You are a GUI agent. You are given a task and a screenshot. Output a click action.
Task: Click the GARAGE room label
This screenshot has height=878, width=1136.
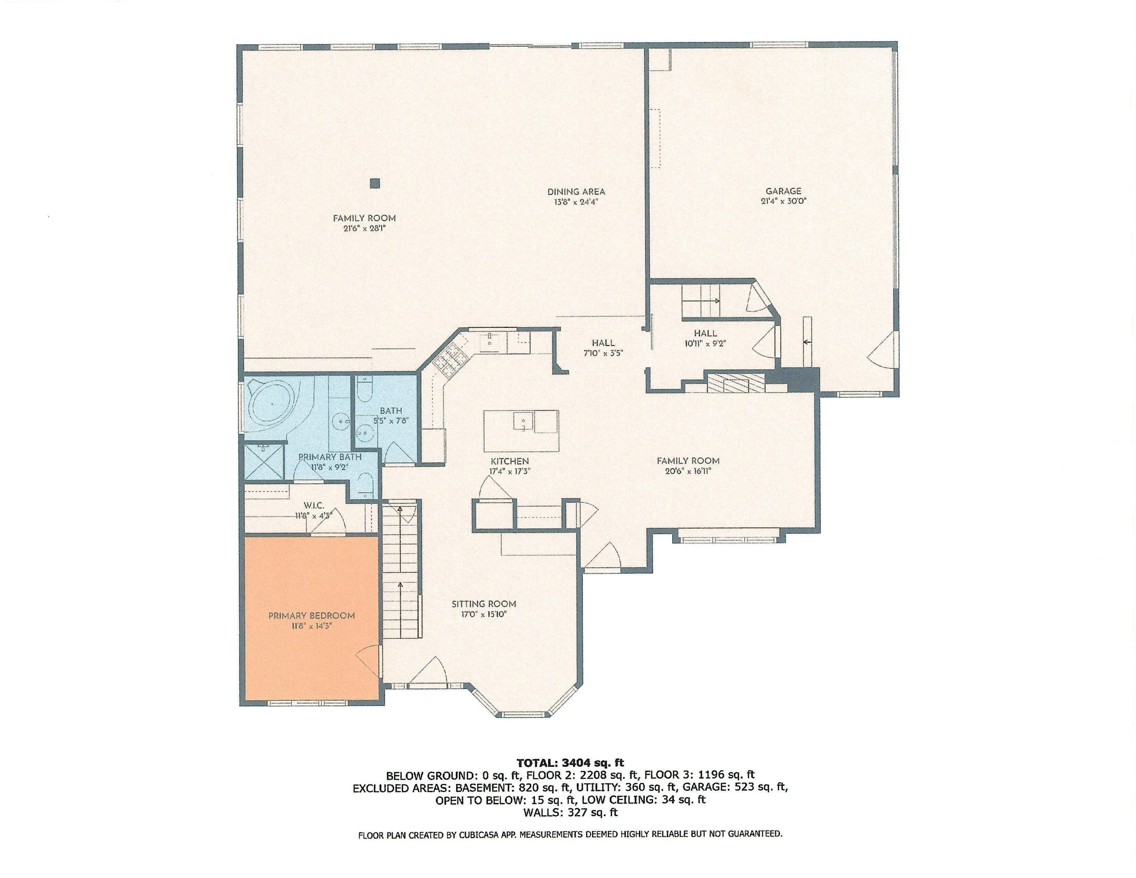pyautogui.click(x=784, y=191)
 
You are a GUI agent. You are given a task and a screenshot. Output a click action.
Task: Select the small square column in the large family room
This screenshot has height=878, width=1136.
pyautogui.click(x=375, y=183)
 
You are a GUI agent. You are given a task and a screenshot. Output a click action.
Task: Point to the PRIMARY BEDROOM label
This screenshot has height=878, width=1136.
pyautogui.click(x=311, y=616)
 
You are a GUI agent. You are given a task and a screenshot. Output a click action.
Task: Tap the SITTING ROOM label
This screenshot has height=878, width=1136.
pyautogui.click(x=483, y=604)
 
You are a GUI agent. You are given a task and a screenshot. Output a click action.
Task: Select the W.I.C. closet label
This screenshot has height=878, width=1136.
pyautogui.click(x=314, y=506)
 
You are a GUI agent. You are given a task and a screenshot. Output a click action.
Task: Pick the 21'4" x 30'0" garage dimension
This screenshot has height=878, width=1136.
pyautogui.click(x=784, y=201)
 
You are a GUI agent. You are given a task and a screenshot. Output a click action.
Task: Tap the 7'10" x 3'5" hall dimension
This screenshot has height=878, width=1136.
pyautogui.click(x=602, y=352)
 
